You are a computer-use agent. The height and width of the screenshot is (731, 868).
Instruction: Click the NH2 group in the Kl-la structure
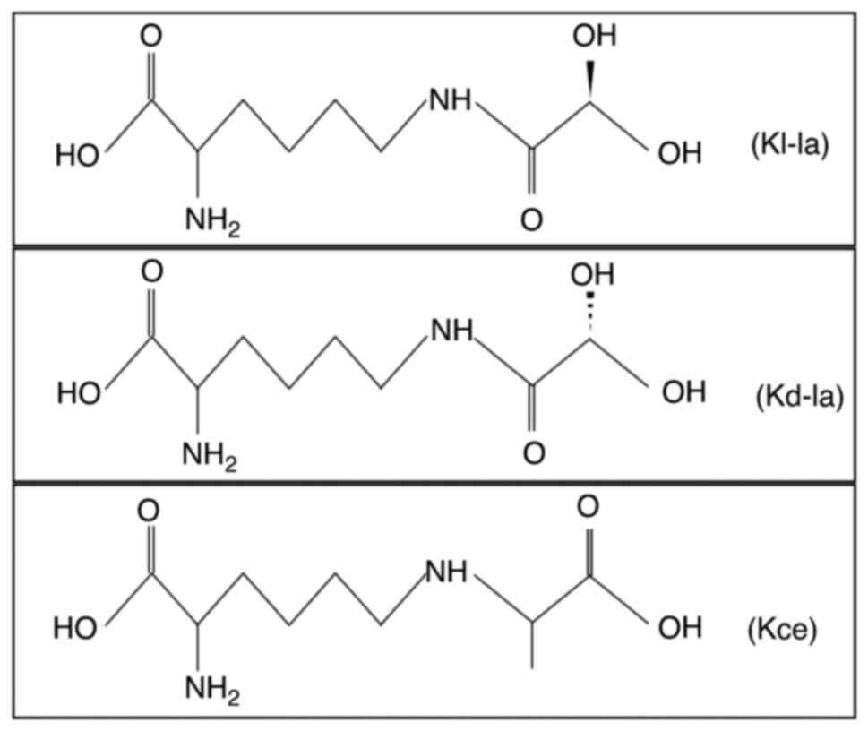click(x=212, y=219)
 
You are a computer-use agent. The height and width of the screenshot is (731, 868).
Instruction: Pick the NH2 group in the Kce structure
click(x=212, y=689)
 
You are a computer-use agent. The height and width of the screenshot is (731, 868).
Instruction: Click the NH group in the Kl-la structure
click(x=451, y=100)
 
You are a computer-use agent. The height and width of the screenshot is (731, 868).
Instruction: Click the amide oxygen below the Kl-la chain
click(x=532, y=219)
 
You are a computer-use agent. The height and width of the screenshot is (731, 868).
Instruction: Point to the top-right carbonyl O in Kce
click(x=588, y=508)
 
